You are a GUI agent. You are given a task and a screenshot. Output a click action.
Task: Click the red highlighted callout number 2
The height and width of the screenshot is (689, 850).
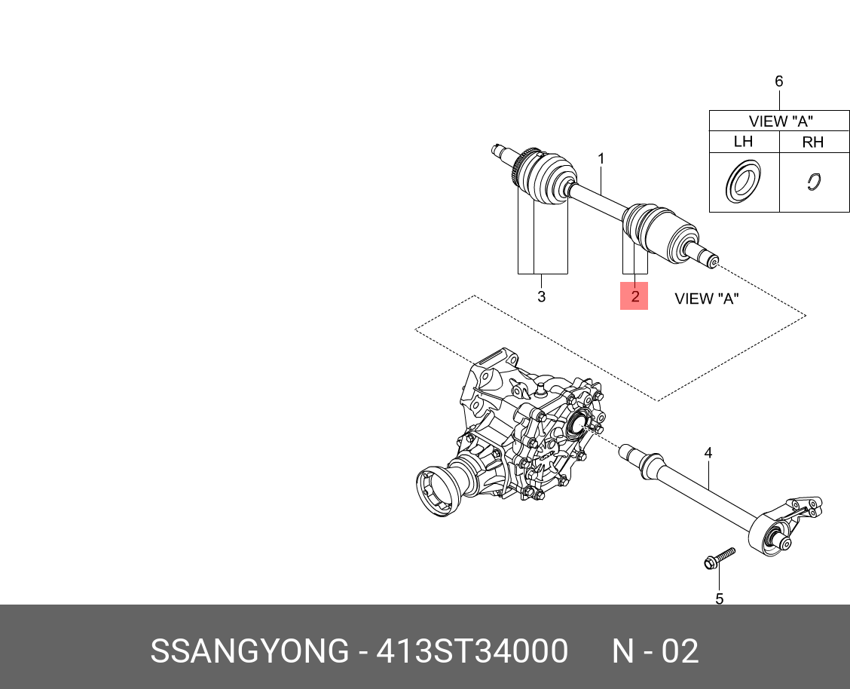point(634,296)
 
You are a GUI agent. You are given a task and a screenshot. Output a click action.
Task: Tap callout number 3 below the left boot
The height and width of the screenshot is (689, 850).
point(541,297)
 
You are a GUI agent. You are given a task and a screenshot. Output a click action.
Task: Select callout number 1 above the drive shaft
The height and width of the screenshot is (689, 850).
point(601,159)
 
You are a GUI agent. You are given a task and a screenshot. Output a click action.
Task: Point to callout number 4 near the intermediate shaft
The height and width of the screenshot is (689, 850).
point(708,453)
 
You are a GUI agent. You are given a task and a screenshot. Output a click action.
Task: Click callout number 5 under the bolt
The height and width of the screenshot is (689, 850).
point(719,599)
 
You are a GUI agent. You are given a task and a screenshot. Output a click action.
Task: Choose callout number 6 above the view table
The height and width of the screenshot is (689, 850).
point(779,81)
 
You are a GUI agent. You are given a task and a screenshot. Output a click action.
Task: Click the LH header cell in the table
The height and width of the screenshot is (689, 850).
point(743,142)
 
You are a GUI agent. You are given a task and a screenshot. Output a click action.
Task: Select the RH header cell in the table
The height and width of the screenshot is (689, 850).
point(813,142)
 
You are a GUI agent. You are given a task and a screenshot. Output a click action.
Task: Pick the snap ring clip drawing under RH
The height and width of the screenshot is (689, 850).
point(813,182)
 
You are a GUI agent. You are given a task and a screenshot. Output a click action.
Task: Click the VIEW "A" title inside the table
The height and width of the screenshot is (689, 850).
point(780,121)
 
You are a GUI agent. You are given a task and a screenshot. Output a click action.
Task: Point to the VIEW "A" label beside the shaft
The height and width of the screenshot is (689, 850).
point(706,299)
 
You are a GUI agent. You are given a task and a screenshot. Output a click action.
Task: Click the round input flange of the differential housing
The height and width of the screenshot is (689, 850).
point(436,495)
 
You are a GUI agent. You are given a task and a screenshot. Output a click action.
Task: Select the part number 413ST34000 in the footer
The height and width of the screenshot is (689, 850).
point(471,651)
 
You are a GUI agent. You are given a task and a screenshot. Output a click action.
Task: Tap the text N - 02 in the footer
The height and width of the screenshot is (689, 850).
point(654,651)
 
